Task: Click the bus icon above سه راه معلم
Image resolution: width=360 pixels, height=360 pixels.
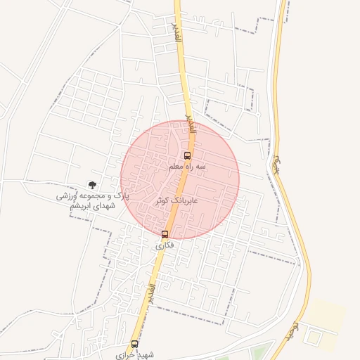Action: click(187, 155)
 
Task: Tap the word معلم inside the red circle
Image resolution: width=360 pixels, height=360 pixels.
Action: click(178, 167)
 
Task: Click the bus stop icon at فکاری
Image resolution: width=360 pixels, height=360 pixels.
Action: click(165, 234)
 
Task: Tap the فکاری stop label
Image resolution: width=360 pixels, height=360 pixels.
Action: click(165, 245)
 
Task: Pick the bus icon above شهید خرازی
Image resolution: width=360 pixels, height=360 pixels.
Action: click(134, 344)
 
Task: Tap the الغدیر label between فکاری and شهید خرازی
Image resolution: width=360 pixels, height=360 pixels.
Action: click(150, 295)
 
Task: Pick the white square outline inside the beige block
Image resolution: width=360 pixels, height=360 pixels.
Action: click(312, 338)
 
